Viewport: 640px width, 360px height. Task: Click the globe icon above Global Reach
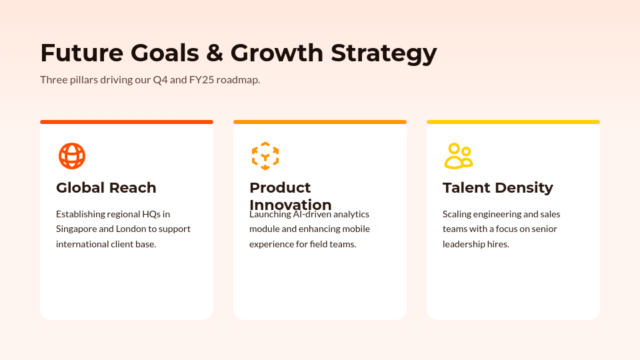[72, 156]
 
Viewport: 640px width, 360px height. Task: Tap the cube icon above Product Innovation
[265, 156]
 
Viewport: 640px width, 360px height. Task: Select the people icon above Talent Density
[458, 156]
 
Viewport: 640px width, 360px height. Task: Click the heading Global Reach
[106, 188]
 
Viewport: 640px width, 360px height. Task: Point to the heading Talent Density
[497, 188]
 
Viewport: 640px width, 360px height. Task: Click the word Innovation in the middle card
[290, 205]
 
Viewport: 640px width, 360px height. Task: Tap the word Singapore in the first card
[77, 229]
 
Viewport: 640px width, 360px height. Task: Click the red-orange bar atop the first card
[127, 122]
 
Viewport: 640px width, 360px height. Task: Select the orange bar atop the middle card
[320, 122]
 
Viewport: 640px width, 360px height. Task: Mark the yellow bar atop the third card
[513, 122]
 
